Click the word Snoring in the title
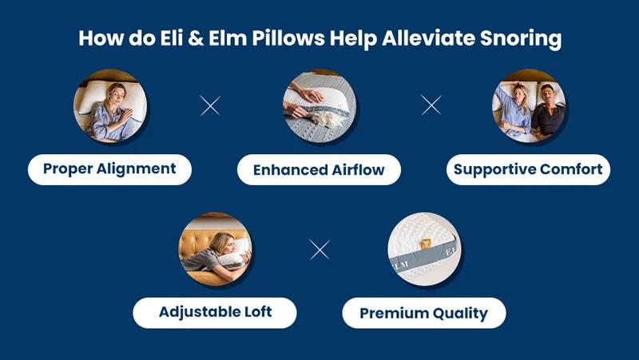point(521,38)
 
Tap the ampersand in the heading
point(196,38)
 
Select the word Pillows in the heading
point(288,38)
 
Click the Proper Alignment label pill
point(109,169)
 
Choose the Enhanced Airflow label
point(319,169)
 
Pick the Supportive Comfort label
point(528,169)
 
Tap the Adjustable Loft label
point(215,313)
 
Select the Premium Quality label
point(424,313)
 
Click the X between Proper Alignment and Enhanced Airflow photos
point(210,106)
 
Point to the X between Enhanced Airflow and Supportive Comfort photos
point(431,105)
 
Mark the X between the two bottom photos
point(319,250)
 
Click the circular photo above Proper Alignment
point(110,106)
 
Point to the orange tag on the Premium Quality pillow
point(427,243)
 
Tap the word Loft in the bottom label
point(258,312)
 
